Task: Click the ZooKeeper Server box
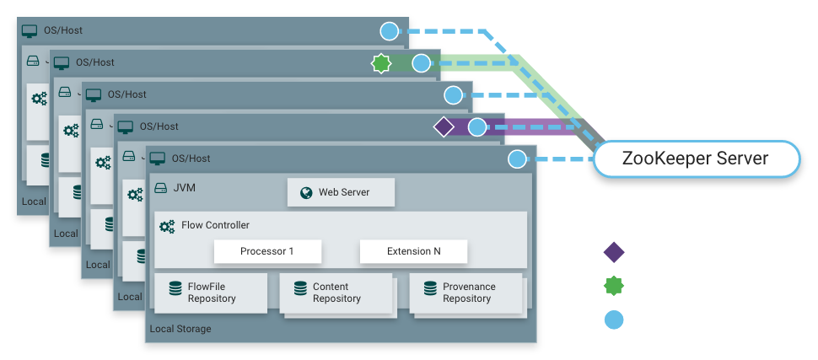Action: click(x=695, y=159)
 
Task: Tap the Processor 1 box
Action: click(x=267, y=251)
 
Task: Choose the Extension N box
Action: click(x=413, y=251)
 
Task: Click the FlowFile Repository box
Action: click(x=210, y=293)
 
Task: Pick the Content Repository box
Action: click(x=336, y=293)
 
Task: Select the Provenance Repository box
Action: click(x=466, y=293)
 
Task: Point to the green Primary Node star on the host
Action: click(x=381, y=63)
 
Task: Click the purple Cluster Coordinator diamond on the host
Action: click(x=444, y=127)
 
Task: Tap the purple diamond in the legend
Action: click(x=614, y=251)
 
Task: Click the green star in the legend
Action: click(x=614, y=287)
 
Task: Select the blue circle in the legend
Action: click(x=614, y=320)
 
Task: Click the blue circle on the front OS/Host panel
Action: click(x=518, y=159)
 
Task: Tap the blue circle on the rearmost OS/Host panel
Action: click(x=389, y=31)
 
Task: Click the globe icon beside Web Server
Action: click(x=305, y=192)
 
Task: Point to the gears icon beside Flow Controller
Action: click(x=166, y=226)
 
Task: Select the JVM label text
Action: click(x=184, y=187)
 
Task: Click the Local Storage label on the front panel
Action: click(x=180, y=329)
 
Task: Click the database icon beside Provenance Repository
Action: click(x=430, y=288)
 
